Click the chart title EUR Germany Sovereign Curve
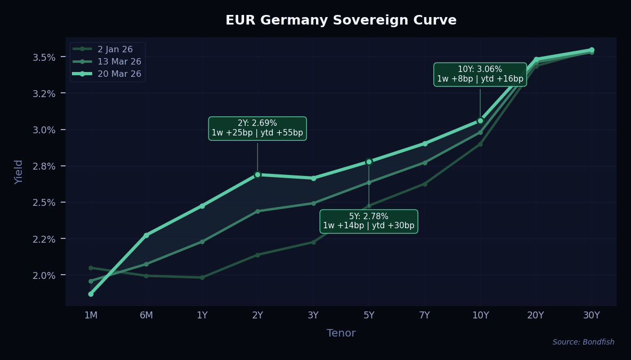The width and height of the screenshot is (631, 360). pos(341,20)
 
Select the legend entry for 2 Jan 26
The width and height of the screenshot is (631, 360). pos(115,49)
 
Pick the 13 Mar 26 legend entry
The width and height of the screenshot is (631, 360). pos(119,61)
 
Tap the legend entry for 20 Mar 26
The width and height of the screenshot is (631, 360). pos(119,74)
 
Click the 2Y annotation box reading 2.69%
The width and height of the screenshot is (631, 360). pos(257,128)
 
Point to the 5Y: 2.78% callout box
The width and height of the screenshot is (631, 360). pos(369,221)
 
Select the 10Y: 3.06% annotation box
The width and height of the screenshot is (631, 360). pos(480,74)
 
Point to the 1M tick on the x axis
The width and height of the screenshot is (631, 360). pos(91,315)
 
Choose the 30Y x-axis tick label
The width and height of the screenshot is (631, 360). pos(592,315)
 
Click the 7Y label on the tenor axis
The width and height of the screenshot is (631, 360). pos(425,315)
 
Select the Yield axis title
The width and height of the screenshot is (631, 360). pos(19,171)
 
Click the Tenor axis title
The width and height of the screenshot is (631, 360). pos(341,333)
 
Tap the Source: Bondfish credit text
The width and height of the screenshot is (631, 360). pos(583,342)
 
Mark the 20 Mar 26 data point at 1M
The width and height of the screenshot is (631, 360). pos(91,294)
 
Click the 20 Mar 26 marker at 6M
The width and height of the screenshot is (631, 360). pos(147,235)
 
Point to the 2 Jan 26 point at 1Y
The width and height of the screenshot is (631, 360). pos(202,277)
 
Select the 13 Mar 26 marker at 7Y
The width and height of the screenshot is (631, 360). pos(425,162)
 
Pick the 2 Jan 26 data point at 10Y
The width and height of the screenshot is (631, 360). pos(480,144)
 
